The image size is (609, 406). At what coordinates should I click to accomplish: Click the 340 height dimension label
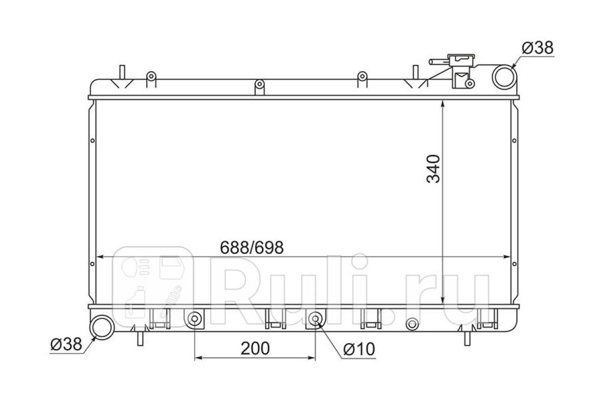[x=433, y=168]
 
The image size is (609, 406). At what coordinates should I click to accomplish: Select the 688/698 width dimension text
[x=252, y=248]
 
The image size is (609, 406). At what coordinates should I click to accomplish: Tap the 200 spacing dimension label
[x=255, y=349]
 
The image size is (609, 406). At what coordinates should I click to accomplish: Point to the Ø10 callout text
[x=359, y=349]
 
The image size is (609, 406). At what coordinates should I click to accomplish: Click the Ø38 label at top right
[x=537, y=48]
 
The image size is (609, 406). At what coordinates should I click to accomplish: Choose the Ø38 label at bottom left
[x=66, y=344]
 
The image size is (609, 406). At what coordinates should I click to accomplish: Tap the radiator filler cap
[x=461, y=60]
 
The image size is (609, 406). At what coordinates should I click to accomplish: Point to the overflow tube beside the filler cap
[x=438, y=62]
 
